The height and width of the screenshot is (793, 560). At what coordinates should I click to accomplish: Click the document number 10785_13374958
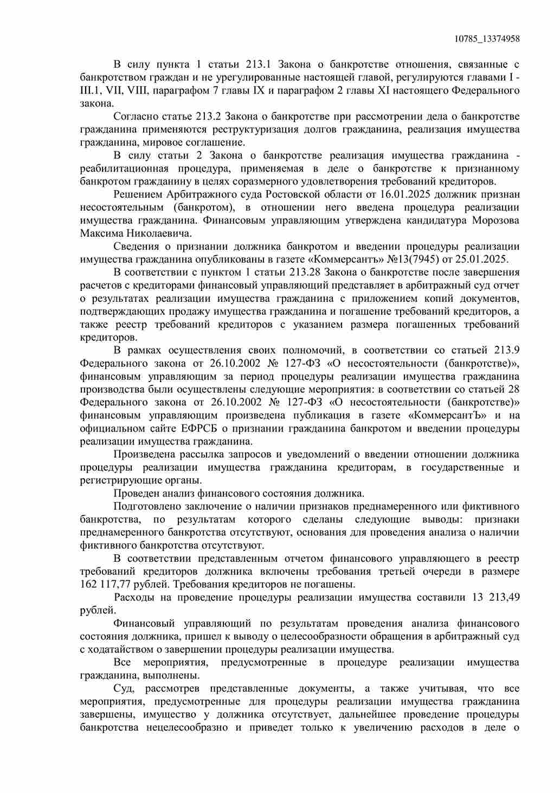click(x=486, y=39)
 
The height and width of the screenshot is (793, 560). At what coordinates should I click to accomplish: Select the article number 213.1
click(x=258, y=65)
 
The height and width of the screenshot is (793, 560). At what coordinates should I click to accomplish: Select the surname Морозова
click(x=495, y=221)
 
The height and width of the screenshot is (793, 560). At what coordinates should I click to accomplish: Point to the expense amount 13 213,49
click(x=496, y=598)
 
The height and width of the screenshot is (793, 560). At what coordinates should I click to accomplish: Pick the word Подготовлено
click(x=145, y=506)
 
